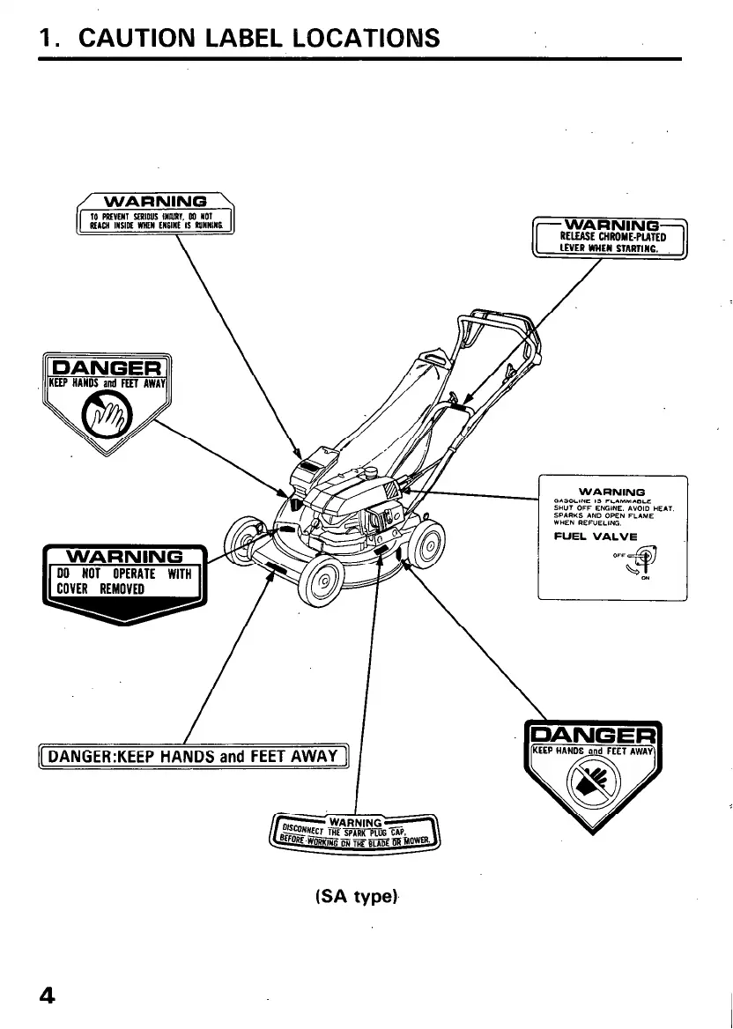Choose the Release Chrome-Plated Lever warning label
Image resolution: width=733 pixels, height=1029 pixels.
pyautogui.click(x=611, y=237)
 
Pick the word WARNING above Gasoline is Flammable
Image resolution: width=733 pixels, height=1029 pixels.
pyautogui.click(x=611, y=491)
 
